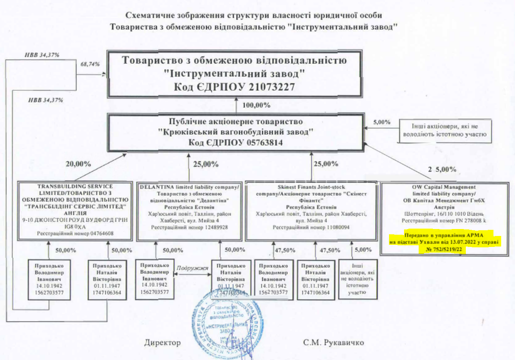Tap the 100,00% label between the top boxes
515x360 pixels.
[x=256, y=105]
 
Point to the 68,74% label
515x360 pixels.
[x=90, y=64]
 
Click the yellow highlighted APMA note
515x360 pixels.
[x=445, y=243]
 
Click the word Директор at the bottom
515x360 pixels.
[x=162, y=343]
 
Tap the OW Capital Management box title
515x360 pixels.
[x=444, y=187]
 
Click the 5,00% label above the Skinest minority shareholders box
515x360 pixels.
[x=363, y=249]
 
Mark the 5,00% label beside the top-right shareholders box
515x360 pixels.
[x=382, y=122]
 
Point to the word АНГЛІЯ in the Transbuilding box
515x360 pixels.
[x=75, y=213]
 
